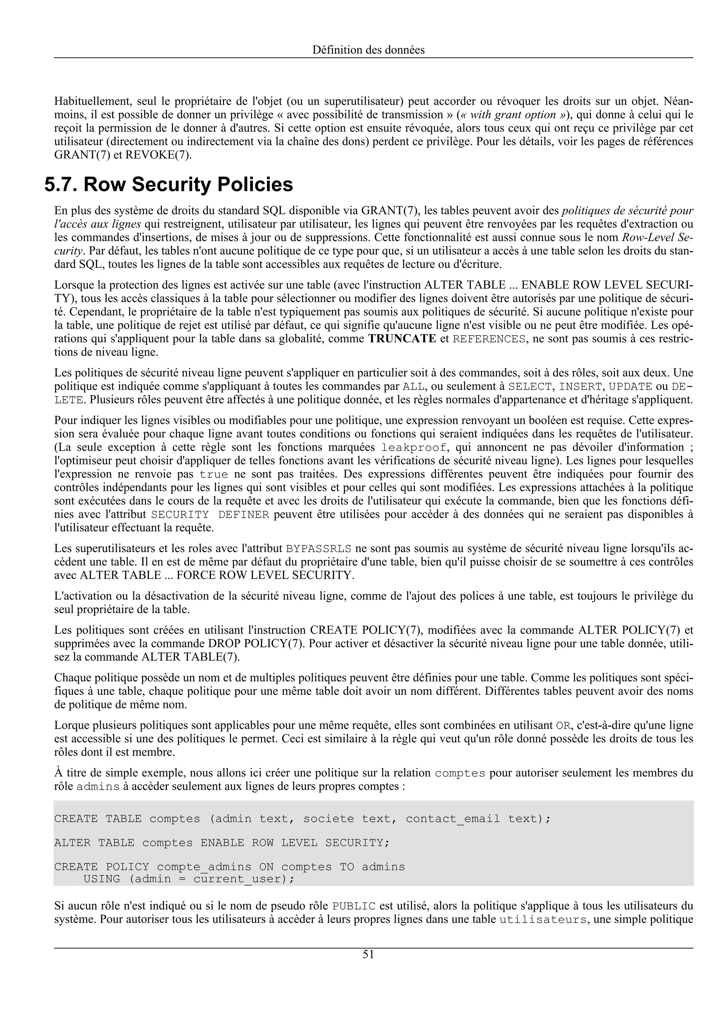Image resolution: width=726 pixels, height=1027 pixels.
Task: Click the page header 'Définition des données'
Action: [x=368, y=50]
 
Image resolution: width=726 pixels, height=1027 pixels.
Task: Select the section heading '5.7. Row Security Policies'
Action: [x=169, y=185]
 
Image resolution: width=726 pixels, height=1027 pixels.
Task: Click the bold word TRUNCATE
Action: [x=402, y=338]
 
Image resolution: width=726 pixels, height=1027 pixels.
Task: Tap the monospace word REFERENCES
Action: [x=489, y=339]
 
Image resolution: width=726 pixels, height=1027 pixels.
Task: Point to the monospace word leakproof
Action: [x=414, y=448]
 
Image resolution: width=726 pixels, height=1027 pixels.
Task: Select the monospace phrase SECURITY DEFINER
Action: [x=210, y=515]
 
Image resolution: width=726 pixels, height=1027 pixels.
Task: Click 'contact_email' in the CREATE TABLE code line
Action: [x=453, y=819]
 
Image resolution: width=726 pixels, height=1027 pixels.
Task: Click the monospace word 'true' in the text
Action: [x=213, y=475]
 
